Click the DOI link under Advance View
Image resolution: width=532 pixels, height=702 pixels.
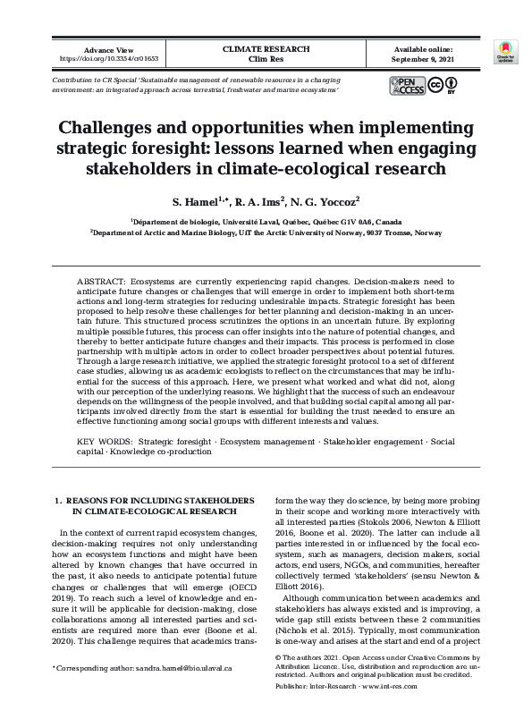pos(107,59)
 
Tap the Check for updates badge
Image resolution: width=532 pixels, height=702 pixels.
pos(506,52)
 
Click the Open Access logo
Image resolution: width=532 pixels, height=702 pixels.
pos(407,86)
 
